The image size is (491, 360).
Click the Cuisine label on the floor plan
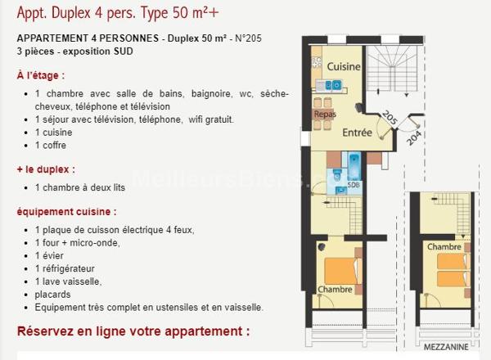(x=344, y=66)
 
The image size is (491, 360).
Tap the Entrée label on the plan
(x=358, y=133)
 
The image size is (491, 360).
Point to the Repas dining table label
(x=325, y=115)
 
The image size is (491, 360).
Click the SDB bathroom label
(x=354, y=185)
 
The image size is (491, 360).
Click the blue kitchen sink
(x=333, y=84)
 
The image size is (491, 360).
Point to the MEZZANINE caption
(x=446, y=345)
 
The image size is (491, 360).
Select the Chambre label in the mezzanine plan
(x=444, y=246)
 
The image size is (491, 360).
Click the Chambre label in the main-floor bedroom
(x=336, y=289)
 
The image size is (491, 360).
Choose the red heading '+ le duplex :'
(x=45, y=169)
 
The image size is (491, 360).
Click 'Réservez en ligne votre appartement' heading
(x=133, y=331)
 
